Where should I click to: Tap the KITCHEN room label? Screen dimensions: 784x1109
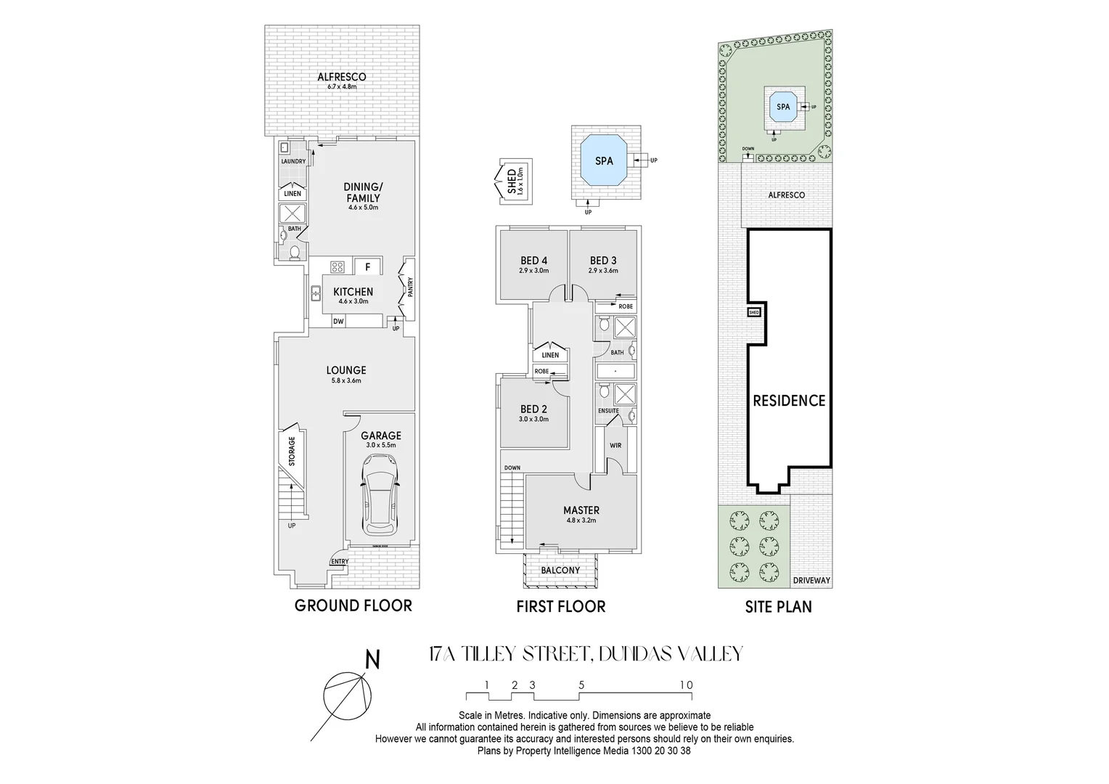pyautogui.click(x=353, y=292)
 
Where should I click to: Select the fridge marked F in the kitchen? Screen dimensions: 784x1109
pyautogui.click(x=368, y=266)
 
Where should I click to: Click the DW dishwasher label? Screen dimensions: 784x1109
pyautogui.click(x=337, y=321)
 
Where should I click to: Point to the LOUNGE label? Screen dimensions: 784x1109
pyautogui.click(x=345, y=370)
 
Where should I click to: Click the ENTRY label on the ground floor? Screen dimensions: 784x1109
pyautogui.click(x=339, y=561)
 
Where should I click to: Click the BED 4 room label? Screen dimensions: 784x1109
pyautogui.click(x=533, y=261)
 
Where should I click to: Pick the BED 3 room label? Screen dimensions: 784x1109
pyautogui.click(x=603, y=261)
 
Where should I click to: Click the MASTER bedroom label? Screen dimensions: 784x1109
pyautogui.click(x=581, y=510)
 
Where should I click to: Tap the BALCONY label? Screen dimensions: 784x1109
pyautogui.click(x=560, y=570)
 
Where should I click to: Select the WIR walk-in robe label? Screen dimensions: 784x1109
pyautogui.click(x=615, y=444)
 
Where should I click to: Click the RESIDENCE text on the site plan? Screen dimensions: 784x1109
pyautogui.click(x=789, y=400)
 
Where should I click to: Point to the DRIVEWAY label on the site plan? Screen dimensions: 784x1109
pyautogui.click(x=811, y=581)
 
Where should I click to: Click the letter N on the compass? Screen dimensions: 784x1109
pyautogui.click(x=372, y=660)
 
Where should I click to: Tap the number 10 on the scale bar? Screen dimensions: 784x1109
pyautogui.click(x=686, y=685)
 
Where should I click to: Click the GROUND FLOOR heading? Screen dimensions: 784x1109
pyautogui.click(x=353, y=605)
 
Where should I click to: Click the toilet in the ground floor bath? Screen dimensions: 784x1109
pyautogui.click(x=294, y=253)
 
